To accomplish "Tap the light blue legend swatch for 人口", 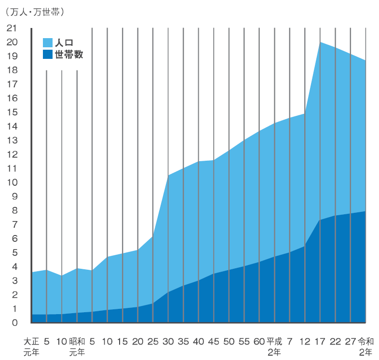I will (x=48, y=42).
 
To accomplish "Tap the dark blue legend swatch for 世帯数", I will (x=48, y=55).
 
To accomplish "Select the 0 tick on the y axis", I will (x=15, y=322).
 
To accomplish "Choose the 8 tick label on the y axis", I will (x=15, y=210).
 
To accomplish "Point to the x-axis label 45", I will (x=214, y=341).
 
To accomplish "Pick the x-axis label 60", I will (x=259, y=341).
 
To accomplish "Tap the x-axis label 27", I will (x=351, y=341).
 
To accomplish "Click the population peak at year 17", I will (x=320, y=42).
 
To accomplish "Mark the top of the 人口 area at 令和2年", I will (x=365, y=61).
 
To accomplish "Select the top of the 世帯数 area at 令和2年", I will (x=365, y=211).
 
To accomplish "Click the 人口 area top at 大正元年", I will (x=32, y=272).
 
